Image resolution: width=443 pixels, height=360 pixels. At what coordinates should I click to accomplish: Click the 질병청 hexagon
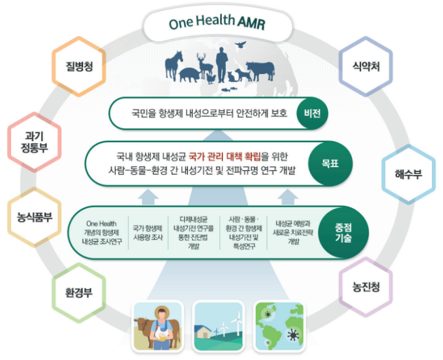tap(79, 67)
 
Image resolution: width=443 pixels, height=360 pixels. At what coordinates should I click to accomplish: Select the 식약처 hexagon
tap(366, 67)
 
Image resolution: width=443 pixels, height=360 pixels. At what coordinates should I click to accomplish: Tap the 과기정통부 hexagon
tap(34, 142)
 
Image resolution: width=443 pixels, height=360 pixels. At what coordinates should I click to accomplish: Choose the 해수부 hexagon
tap(408, 174)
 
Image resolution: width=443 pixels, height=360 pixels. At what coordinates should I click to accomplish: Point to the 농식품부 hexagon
tap(34, 218)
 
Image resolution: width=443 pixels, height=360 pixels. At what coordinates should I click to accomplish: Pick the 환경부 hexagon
tap(79, 293)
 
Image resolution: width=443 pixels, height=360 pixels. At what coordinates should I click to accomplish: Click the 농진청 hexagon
tap(366, 287)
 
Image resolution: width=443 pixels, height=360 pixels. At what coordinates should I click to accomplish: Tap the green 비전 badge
tap(312, 113)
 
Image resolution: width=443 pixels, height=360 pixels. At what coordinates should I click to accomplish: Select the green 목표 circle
tap(330, 163)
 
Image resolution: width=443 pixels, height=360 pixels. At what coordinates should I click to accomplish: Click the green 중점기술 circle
tap(343, 232)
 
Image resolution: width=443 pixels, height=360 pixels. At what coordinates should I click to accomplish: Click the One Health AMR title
tap(217, 22)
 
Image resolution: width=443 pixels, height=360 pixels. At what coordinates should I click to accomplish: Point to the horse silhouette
tap(173, 65)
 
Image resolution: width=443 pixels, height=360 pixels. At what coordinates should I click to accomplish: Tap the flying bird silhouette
tap(240, 44)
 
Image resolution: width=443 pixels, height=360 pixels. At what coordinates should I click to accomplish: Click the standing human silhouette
tap(222, 65)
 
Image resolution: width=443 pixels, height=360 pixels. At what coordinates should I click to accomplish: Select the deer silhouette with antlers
tap(205, 66)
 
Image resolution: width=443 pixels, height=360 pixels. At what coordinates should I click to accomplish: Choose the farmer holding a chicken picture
tap(158, 326)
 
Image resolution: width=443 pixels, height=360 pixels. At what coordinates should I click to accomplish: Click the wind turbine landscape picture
tap(219, 326)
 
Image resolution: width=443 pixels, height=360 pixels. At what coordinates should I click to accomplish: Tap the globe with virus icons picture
tap(280, 326)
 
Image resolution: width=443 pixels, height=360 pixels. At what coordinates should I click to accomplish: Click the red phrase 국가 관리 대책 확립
tap(224, 156)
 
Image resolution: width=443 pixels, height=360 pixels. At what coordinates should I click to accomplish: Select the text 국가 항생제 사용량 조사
tap(148, 232)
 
